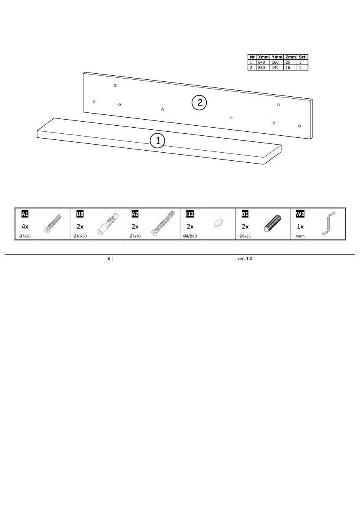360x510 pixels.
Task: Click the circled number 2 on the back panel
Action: coord(199,103)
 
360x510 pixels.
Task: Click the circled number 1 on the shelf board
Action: coord(157,140)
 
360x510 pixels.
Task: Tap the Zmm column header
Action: coord(291,57)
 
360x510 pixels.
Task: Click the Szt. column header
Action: coord(302,57)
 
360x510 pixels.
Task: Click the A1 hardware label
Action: coord(25,214)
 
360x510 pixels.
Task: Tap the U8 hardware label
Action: coord(80,214)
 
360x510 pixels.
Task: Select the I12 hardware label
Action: coord(190,214)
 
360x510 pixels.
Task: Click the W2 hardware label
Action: coord(300,214)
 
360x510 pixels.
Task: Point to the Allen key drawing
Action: coord(328,224)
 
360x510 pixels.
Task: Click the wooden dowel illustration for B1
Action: coord(273,223)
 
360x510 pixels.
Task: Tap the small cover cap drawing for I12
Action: coord(218,223)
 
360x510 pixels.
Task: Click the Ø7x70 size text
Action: coord(135,236)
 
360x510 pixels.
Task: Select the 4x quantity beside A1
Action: coord(25,226)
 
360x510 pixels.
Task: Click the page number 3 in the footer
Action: coord(109,258)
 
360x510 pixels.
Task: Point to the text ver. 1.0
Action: coord(244,259)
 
